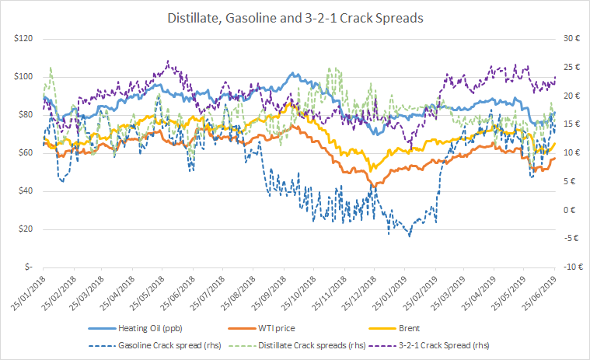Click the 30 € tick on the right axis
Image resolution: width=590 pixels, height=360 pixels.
point(572,39)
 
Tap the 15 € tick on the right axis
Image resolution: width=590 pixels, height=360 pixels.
point(572,124)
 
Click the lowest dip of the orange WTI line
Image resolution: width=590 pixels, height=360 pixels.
point(376,186)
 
